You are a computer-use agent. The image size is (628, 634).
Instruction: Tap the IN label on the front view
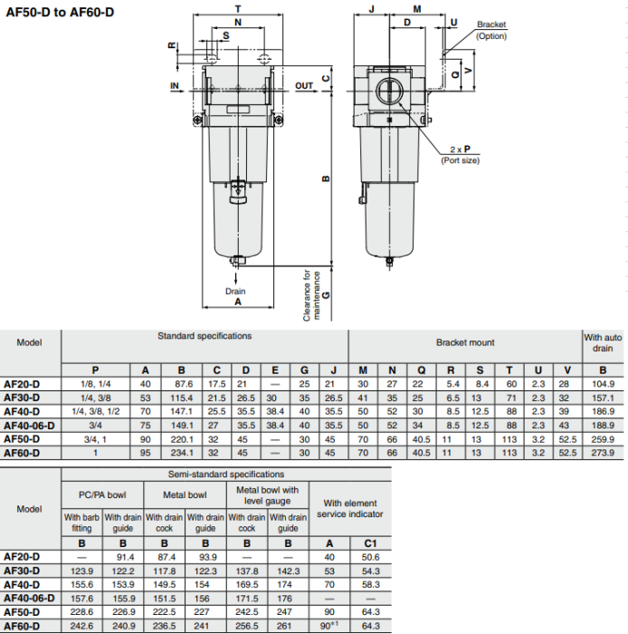point(176,86)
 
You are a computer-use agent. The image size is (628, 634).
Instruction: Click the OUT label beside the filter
point(304,86)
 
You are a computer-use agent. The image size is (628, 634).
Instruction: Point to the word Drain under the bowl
point(235,292)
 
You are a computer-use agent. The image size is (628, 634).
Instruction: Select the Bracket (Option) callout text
point(491,31)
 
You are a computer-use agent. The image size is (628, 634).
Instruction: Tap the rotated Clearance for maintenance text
point(308,294)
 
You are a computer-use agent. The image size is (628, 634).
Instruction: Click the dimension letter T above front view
point(238,6)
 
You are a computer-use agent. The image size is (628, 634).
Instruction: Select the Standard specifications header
point(205,336)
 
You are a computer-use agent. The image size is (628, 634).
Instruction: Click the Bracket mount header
point(465,343)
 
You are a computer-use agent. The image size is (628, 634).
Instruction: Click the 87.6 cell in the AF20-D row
point(181,384)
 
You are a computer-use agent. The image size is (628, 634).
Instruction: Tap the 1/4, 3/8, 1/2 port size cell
point(95,411)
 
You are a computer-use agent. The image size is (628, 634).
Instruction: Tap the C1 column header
point(370,543)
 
